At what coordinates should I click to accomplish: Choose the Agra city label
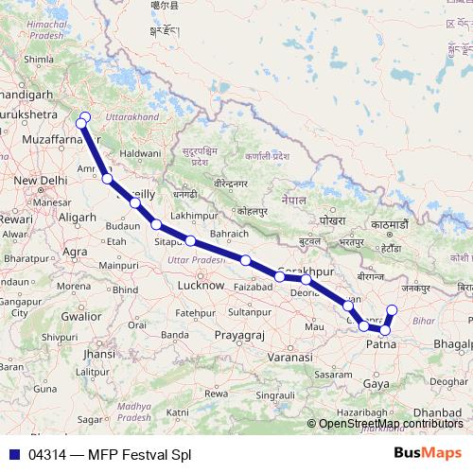coord(75,252)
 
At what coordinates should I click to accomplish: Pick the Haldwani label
coord(140,152)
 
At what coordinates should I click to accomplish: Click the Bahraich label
coord(229,233)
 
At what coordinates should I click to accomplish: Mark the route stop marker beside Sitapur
coord(156,225)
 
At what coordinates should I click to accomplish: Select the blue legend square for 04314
coord(12,454)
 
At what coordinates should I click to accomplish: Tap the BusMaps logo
coord(428,453)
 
